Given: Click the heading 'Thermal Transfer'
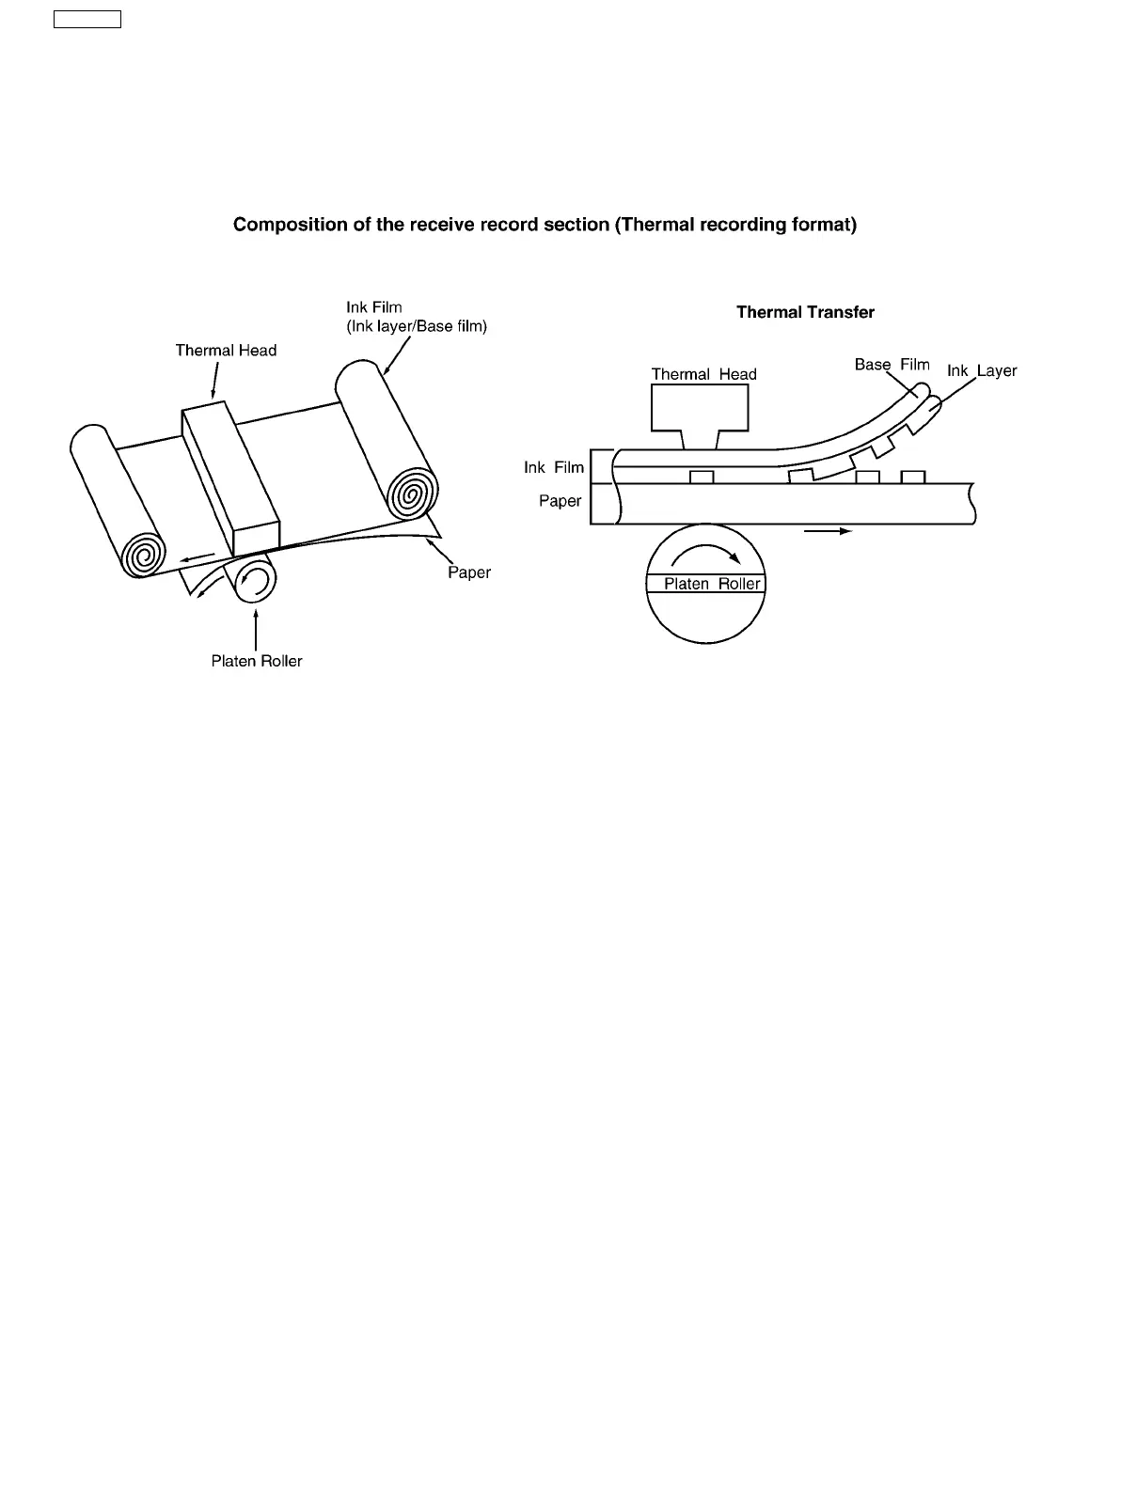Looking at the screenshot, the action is tap(805, 312).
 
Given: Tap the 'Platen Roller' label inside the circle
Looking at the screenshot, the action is tap(712, 584).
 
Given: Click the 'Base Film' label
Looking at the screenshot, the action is tap(892, 365).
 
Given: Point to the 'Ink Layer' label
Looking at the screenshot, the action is tap(982, 371).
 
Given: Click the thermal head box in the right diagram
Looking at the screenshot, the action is tap(700, 408).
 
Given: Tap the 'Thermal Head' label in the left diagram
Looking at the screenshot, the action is tap(226, 351).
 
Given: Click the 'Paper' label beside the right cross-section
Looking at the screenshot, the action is tap(560, 501).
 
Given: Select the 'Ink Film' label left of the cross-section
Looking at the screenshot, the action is tap(553, 467).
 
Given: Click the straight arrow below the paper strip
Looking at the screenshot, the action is tap(828, 531).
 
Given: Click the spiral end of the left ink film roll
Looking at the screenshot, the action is tap(144, 556).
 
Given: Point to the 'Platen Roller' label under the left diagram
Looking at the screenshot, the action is tap(257, 661).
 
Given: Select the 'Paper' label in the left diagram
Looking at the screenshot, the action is tap(469, 572).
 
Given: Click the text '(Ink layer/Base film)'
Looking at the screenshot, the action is tap(417, 326).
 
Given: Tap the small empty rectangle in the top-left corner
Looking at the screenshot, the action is tap(87, 20).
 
